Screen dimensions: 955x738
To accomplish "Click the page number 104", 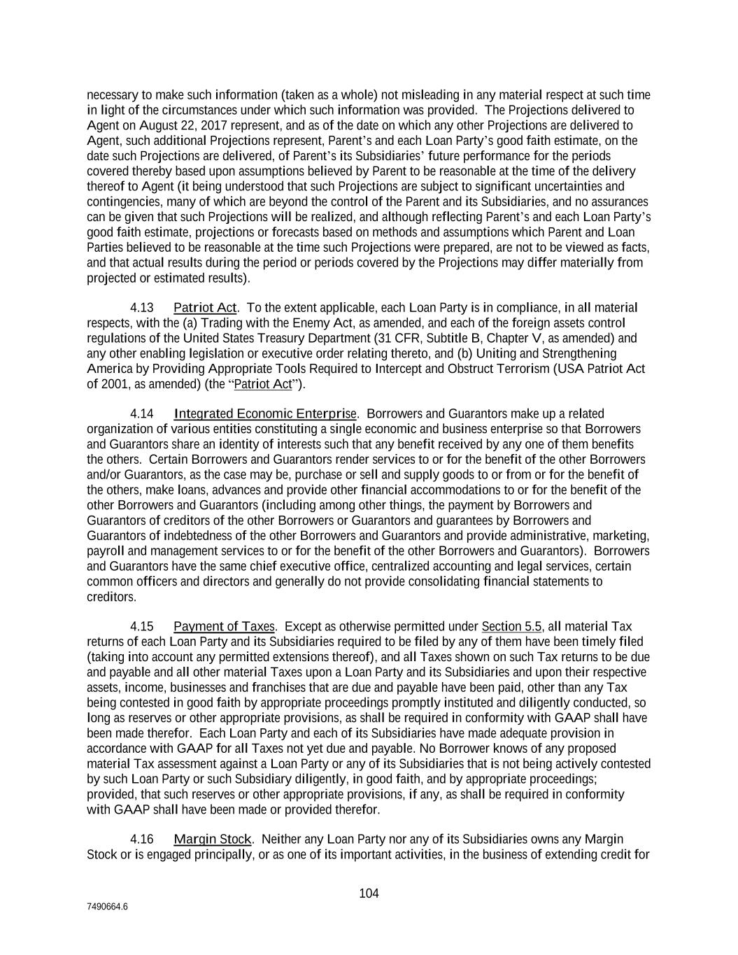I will pyautogui.click(x=369, y=893).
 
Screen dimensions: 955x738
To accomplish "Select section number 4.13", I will pyautogui.click(x=142, y=308).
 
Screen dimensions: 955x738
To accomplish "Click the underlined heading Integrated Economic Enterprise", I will pyautogui.click(x=265, y=414).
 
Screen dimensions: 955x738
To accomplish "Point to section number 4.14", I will pyautogui.click(x=142, y=414).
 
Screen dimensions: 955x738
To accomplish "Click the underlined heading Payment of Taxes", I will pyautogui.click(x=224, y=626).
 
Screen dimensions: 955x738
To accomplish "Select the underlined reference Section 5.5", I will pyautogui.click(x=511, y=626).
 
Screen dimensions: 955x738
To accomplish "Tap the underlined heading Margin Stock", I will pyautogui.click(x=212, y=839).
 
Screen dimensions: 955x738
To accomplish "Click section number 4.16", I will pyautogui.click(x=142, y=839).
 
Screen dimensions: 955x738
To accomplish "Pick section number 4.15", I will pyautogui.click(x=142, y=626).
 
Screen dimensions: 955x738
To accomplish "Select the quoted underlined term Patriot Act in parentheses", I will pyautogui.click(x=262, y=384).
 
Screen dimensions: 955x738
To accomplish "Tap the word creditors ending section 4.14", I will pyautogui.click(x=111, y=597).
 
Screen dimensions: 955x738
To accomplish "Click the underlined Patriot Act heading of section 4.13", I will pyautogui.click(x=205, y=308).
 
